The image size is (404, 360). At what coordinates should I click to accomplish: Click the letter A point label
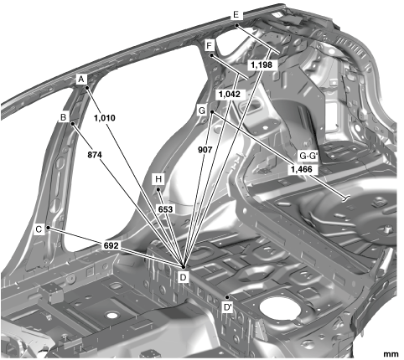pos(81,80)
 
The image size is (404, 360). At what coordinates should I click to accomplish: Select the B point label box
pos(64,117)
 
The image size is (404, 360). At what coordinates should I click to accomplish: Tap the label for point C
pos(39,229)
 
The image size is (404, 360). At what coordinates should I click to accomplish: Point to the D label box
pos(184,277)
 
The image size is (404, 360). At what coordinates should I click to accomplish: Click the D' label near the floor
pos(228,307)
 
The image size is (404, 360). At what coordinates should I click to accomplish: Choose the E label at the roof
pos(236,14)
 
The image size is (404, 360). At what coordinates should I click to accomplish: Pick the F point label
pos(210,45)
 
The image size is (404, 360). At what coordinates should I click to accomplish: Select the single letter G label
pos(202,111)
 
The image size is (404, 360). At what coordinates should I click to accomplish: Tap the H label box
pos(158,179)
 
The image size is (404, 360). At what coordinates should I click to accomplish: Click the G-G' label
pos(308,156)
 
